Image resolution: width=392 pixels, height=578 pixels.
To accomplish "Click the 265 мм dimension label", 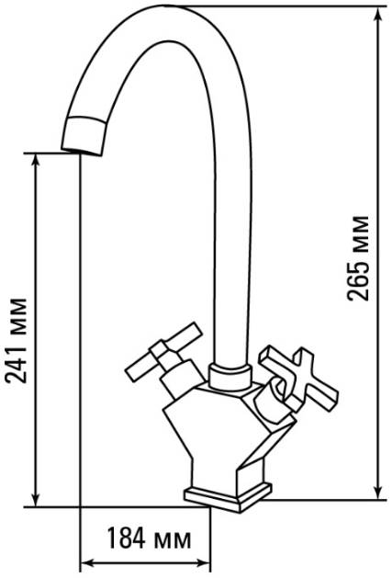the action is coord(358,258).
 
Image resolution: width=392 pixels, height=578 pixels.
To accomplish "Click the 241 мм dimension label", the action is coord(16,340).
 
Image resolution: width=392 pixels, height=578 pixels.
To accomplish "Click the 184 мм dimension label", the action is coord(150,541).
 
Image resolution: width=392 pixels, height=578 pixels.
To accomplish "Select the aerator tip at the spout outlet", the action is coord(85,136).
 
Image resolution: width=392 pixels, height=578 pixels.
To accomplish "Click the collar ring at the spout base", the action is coord(230,376).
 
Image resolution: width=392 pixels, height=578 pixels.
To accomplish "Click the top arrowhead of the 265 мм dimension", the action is coord(378,15).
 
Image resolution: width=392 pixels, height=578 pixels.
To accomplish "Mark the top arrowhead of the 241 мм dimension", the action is coord(36,162).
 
